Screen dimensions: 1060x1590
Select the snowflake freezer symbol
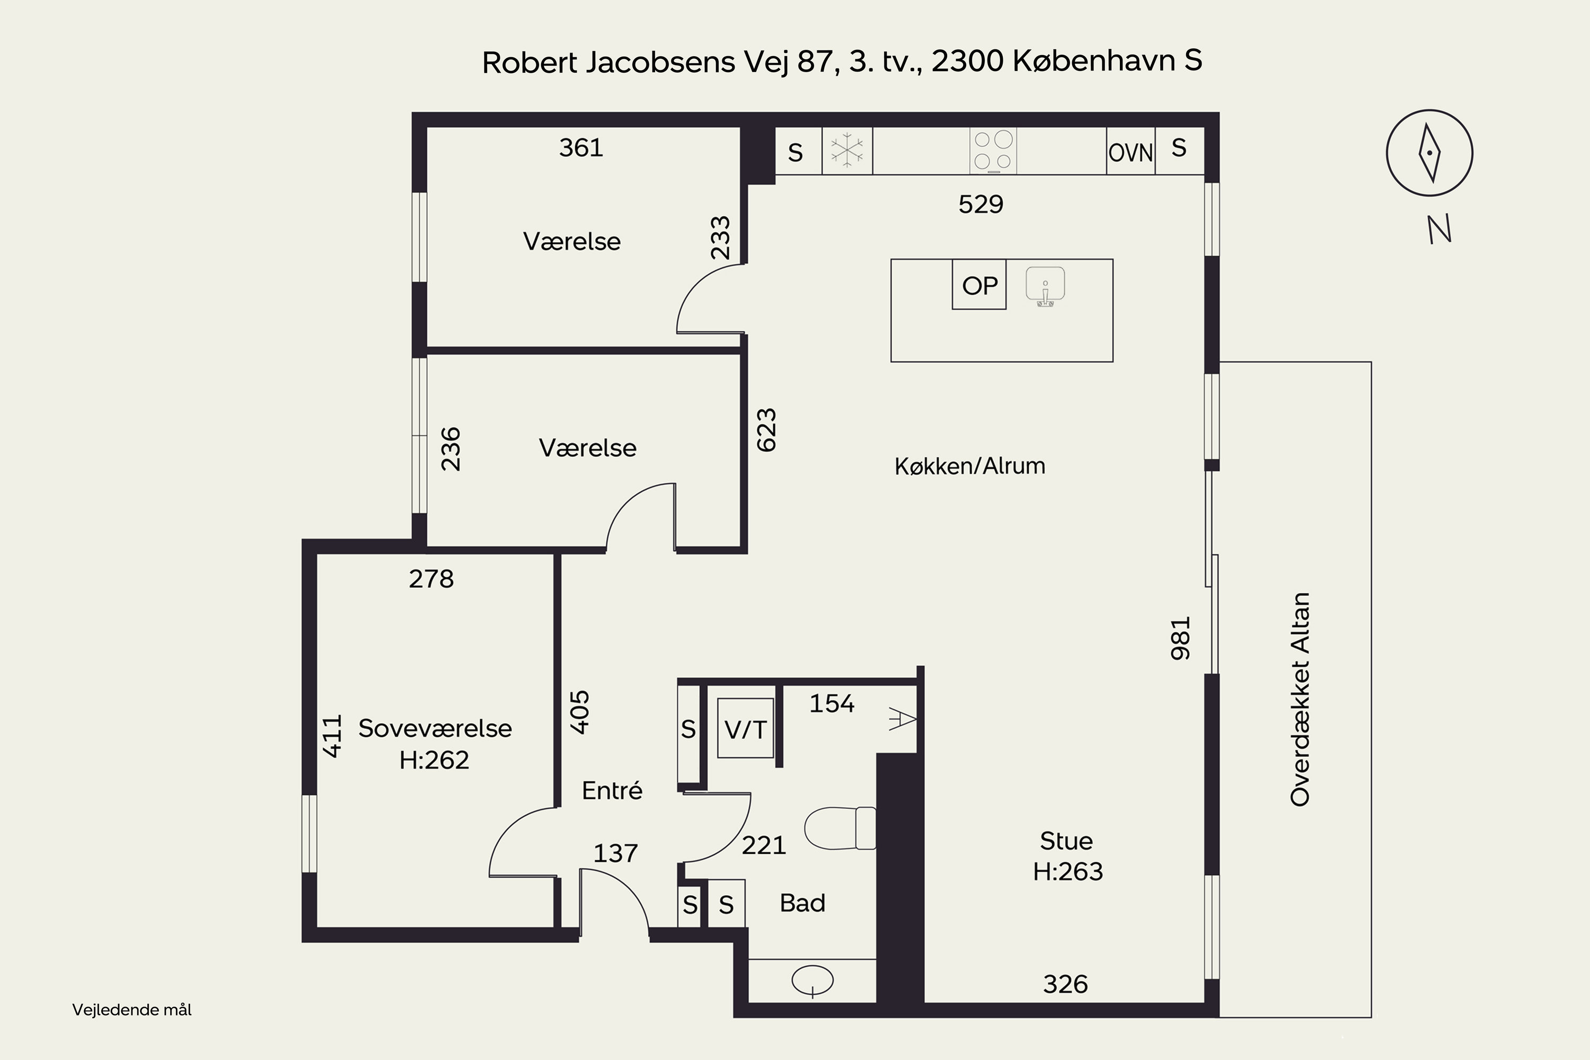(847, 150)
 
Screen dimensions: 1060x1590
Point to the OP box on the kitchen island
(979, 285)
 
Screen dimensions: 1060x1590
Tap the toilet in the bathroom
(840, 828)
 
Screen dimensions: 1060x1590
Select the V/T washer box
(745, 729)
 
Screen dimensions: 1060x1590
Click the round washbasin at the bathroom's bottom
(812, 979)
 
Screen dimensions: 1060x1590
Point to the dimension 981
(1180, 638)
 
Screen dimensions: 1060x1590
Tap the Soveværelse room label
(435, 728)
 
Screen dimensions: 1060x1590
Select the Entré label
(612, 790)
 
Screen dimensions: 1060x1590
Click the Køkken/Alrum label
(969, 466)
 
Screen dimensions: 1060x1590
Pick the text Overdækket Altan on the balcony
(1300, 699)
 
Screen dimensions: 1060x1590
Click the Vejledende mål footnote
(132, 1010)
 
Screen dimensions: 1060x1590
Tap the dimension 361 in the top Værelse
(581, 147)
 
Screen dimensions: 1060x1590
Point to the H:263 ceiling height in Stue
(1067, 871)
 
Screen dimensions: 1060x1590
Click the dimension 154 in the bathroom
(832, 704)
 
